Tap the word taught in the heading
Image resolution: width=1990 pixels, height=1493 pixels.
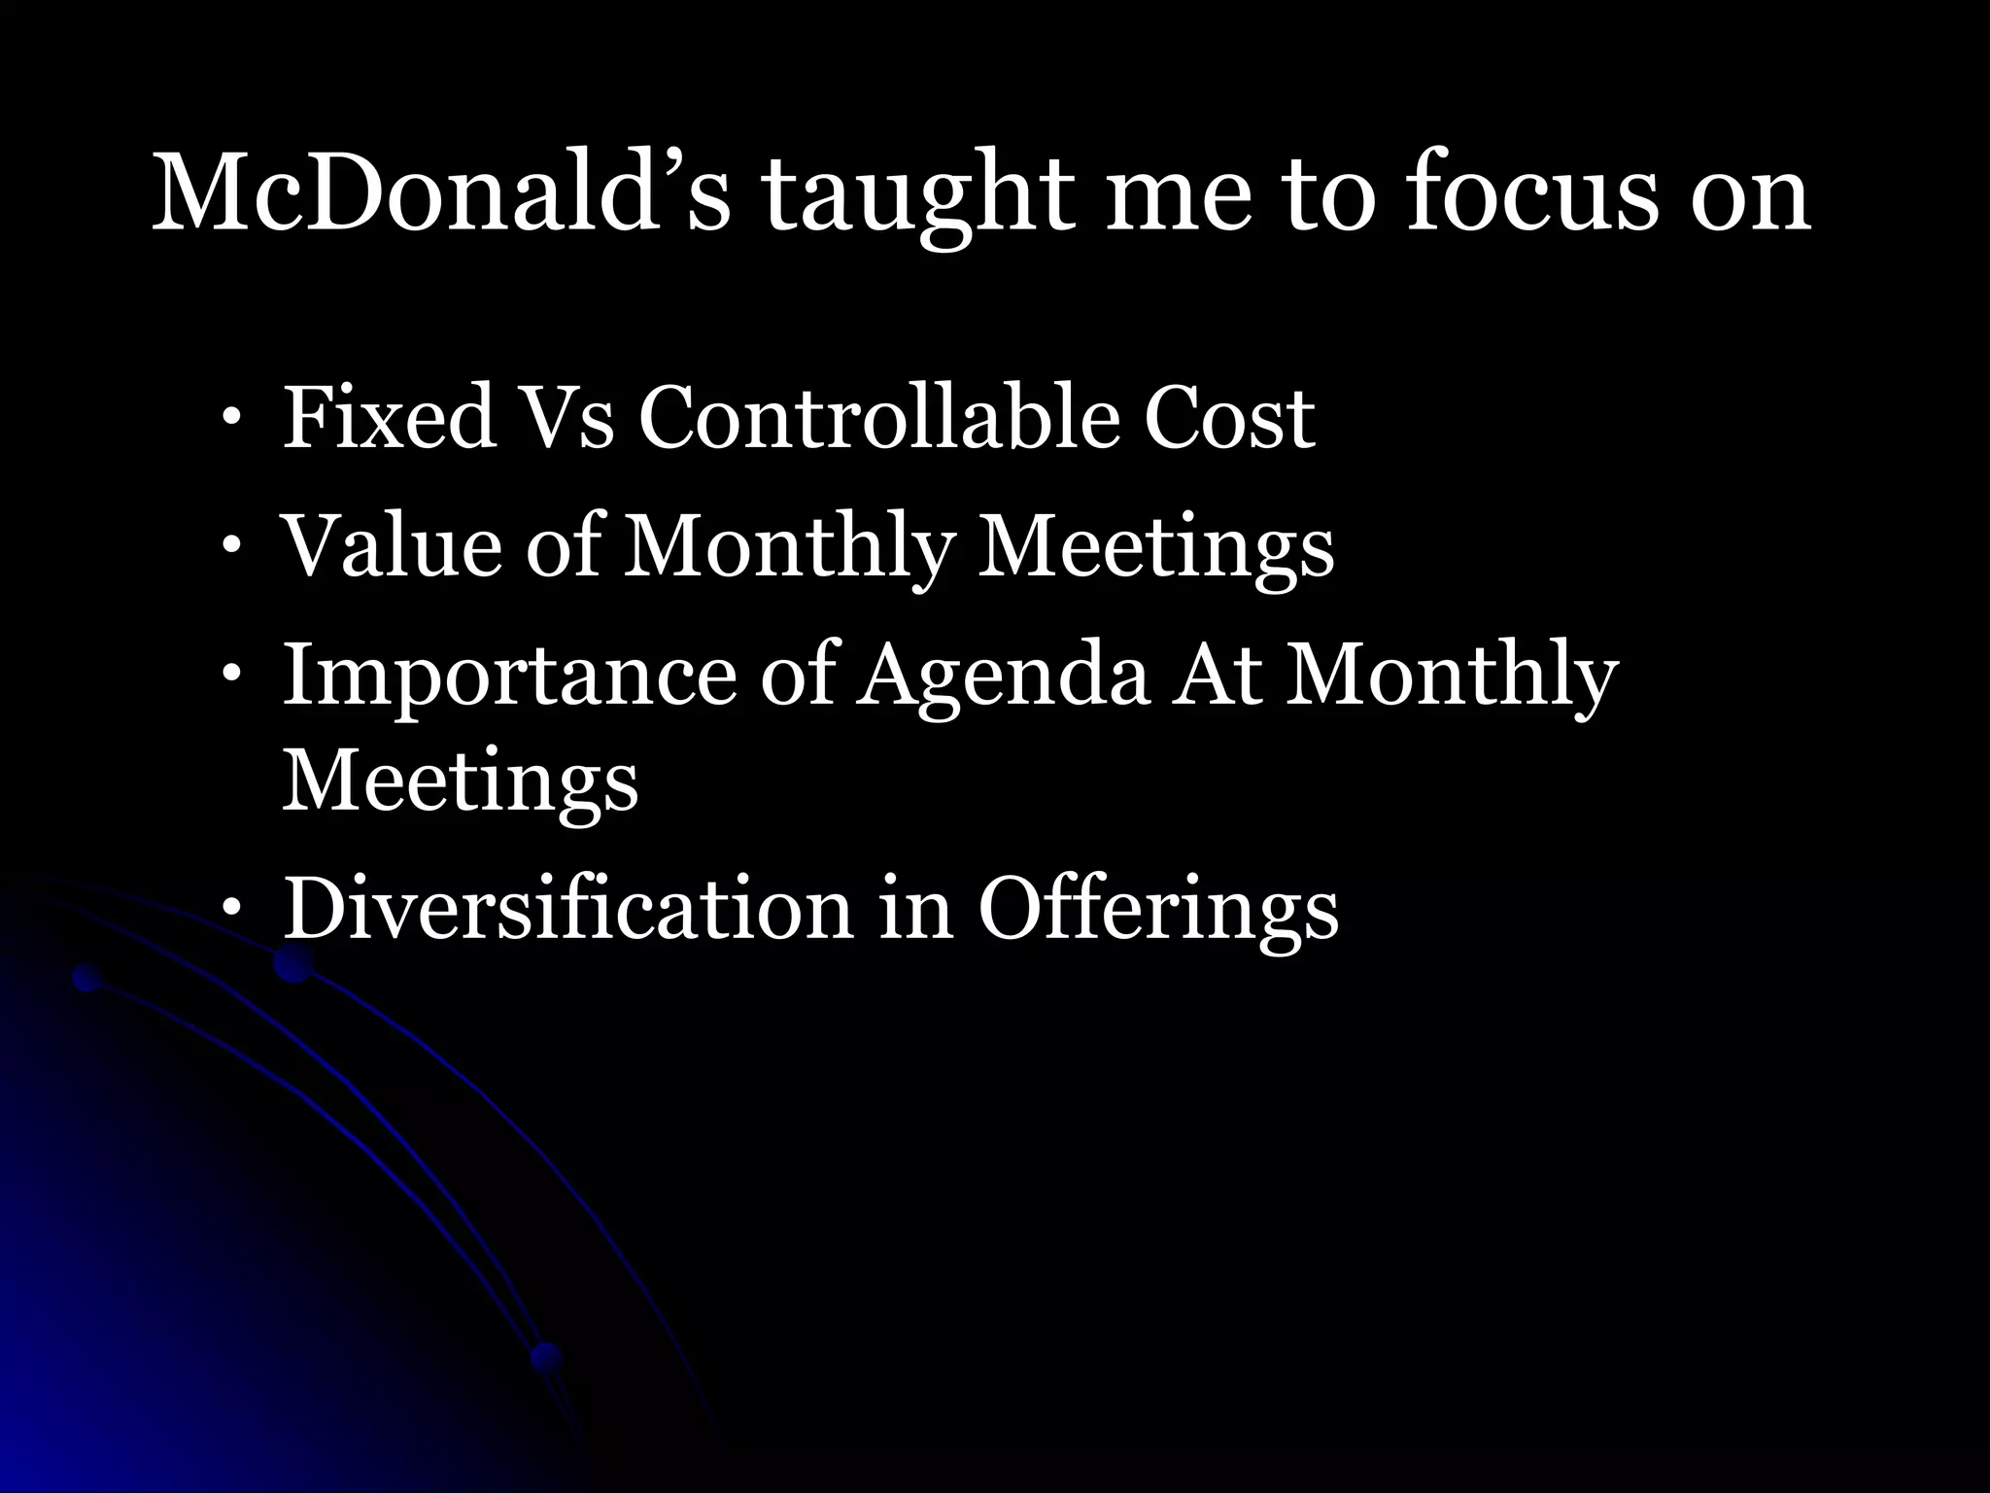tap(917, 194)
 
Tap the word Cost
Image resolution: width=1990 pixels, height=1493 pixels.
tap(1228, 420)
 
